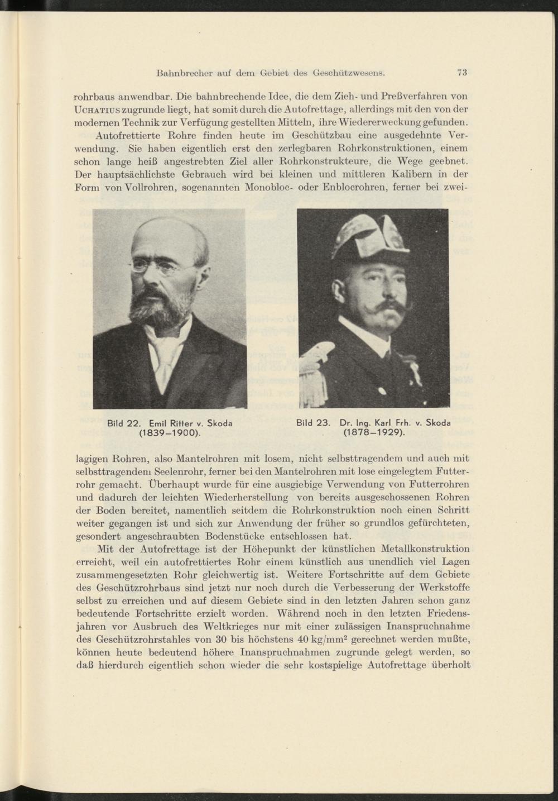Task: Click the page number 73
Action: pyautogui.click(x=461, y=71)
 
